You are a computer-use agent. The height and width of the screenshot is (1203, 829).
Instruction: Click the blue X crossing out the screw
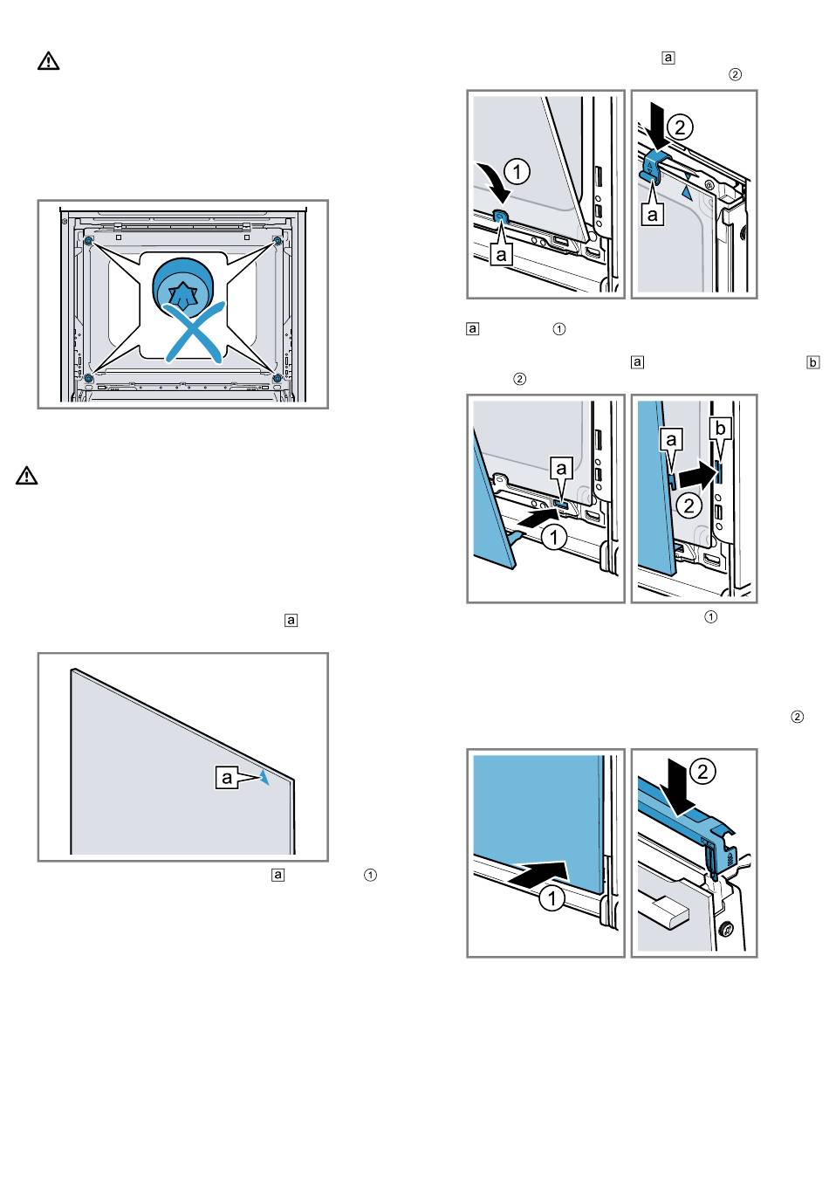(193, 333)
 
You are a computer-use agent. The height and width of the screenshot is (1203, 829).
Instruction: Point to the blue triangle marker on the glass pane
(264, 778)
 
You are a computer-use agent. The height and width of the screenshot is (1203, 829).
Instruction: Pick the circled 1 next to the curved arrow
(517, 171)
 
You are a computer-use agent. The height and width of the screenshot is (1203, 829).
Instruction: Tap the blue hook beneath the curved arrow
(501, 218)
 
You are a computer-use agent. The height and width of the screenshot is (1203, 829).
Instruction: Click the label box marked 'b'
(720, 429)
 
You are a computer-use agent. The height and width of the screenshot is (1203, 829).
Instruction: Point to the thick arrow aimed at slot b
(700, 477)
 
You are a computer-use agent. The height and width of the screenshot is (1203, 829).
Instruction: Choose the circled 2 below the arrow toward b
(689, 505)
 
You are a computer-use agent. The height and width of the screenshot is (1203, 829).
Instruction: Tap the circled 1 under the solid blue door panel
(552, 898)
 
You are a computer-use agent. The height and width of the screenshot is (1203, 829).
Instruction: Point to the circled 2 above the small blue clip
(680, 127)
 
